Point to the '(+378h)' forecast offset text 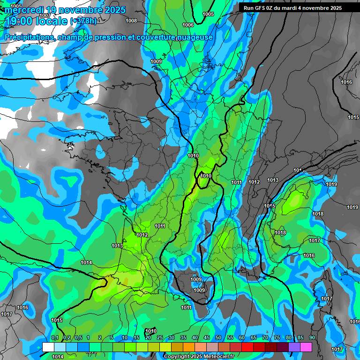pyautogui.click(x=83, y=21)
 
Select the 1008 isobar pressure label pyautogui.click(x=131, y=21)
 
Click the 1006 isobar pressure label pyautogui.click(x=188, y=25)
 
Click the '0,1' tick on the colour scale pyautogui.click(x=54, y=338)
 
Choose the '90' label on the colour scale pyautogui.click(x=312, y=338)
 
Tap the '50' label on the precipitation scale pyautogui.click(x=218, y=338)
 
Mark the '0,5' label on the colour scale pyautogui.click(x=78, y=338)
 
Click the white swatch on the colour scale pyautogui.click(x=48, y=347)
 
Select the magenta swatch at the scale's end pyautogui.click(x=306, y=347)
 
